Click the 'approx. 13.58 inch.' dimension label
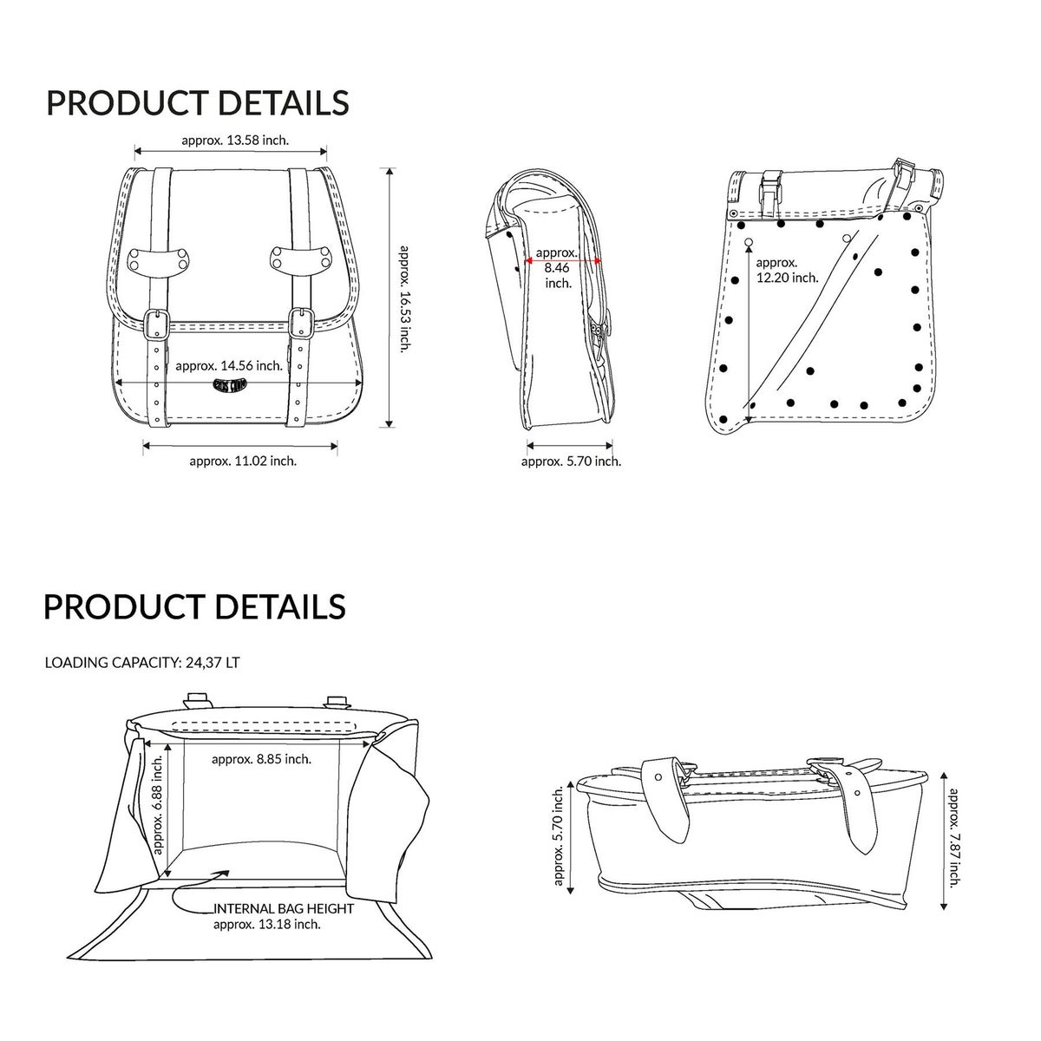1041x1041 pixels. tap(235, 141)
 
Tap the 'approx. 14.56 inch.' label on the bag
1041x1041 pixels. tap(229, 366)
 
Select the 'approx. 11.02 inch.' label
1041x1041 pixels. tap(243, 461)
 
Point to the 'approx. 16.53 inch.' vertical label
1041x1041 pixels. tap(403, 298)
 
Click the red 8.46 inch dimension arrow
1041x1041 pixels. tap(563, 261)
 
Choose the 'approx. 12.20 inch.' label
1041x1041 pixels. tap(787, 270)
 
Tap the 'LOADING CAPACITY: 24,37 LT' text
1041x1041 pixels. tap(142, 662)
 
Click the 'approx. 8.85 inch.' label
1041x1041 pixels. tap(261, 759)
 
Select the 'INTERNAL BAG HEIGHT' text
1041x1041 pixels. tap(285, 908)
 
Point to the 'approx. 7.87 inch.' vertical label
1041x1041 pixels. tap(954, 838)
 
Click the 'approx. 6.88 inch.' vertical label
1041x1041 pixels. tap(158, 805)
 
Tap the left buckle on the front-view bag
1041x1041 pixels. tap(157, 324)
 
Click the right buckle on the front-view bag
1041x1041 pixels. tap(300, 323)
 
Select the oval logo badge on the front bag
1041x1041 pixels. tap(230, 386)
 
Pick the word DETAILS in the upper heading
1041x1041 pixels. tap(285, 102)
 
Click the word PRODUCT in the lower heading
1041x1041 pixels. tap(125, 606)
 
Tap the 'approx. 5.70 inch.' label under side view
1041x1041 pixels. tap(571, 462)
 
